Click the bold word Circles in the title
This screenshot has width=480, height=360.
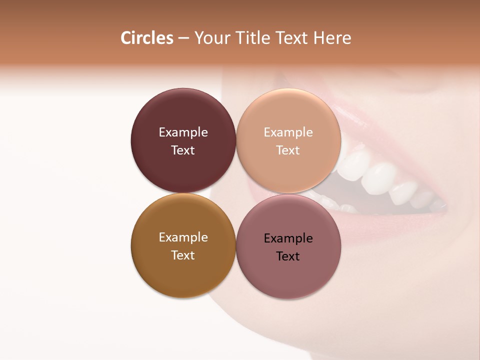tap(146, 38)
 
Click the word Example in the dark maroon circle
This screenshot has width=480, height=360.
tap(183, 132)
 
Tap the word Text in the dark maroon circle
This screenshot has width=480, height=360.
tap(183, 150)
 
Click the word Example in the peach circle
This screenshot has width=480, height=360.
tap(288, 132)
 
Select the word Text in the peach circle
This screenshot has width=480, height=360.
tap(288, 150)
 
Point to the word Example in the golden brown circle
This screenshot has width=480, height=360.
tap(183, 237)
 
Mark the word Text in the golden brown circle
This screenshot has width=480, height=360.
tap(183, 255)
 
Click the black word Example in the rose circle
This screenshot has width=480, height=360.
tap(288, 238)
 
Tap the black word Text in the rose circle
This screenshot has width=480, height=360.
tap(288, 256)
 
